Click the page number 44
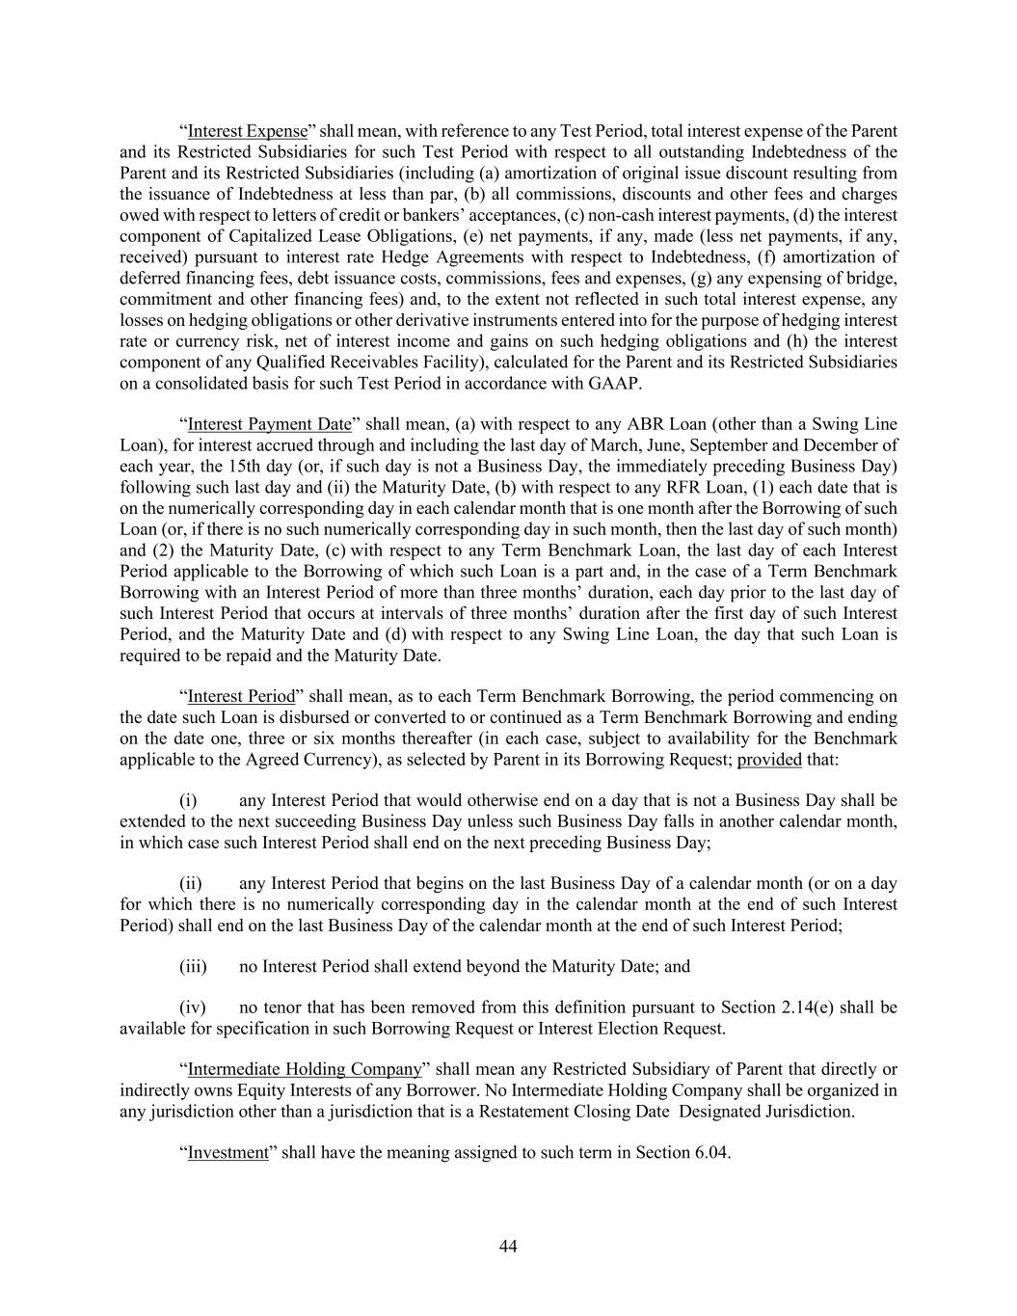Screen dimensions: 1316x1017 [509, 1247]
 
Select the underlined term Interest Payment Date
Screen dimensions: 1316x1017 [269, 424]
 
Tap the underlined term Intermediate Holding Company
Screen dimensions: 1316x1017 [305, 1069]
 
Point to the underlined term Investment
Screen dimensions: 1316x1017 [227, 1152]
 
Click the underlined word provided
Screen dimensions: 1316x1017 [769, 760]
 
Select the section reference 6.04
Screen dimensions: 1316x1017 [711, 1152]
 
